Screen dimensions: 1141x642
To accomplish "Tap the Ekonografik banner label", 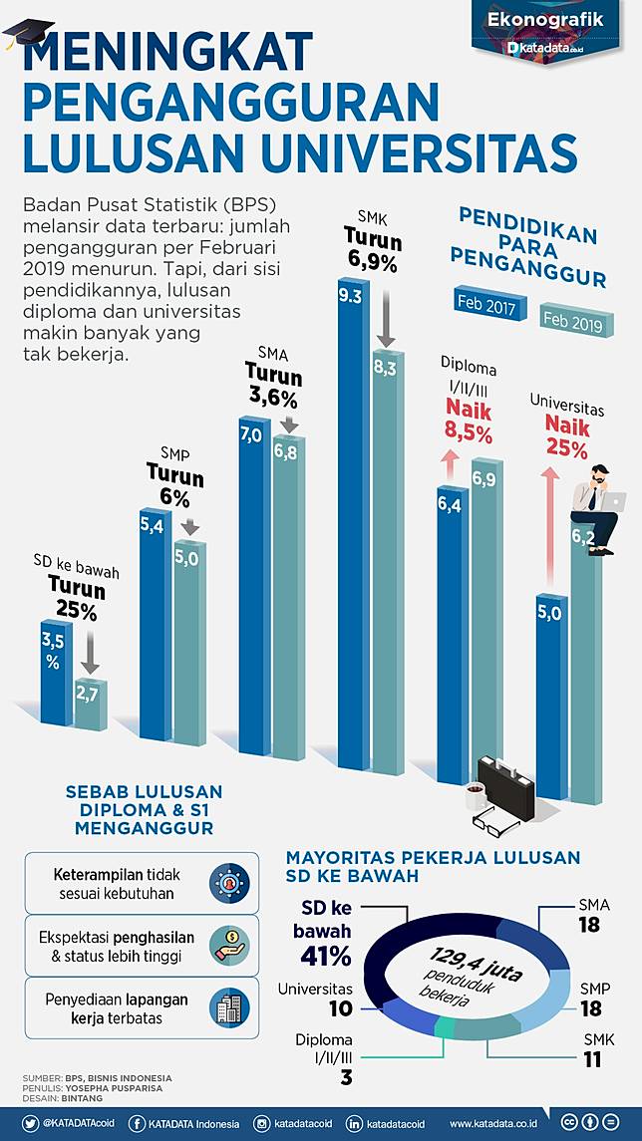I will (545, 19).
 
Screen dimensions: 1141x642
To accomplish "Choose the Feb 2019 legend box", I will (577, 321).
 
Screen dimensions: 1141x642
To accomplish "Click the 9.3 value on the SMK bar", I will (350, 295).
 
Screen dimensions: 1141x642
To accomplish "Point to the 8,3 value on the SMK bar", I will (386, 368).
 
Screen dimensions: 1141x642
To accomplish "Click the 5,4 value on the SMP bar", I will (152, 524).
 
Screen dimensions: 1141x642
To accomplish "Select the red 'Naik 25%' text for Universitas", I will (565, 436).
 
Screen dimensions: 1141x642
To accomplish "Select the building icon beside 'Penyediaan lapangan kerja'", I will (228, 1007).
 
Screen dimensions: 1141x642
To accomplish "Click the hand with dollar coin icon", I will (228, 945).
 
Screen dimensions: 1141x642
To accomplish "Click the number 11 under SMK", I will (592, 1059).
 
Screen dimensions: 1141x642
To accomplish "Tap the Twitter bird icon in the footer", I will (30, 1123).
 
